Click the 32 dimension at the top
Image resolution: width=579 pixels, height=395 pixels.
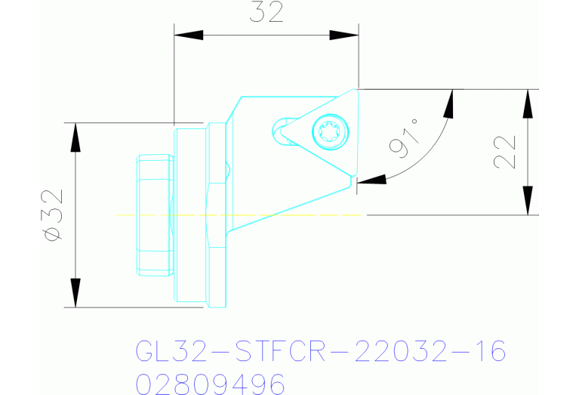pyautogui.click(x=266, y=13)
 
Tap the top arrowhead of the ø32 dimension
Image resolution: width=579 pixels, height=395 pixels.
pyautogui.click(x=75, y=136)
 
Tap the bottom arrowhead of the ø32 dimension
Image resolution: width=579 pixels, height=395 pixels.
pyautogui.click(x=75, y=294)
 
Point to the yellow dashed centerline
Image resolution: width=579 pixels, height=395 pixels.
pyautogui.click(x=242, y=215)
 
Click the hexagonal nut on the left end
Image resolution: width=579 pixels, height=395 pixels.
pyautogui.click(x=155, y=215)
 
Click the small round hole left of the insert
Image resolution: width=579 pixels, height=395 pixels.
pyautogui.click(x=282, y=124)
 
